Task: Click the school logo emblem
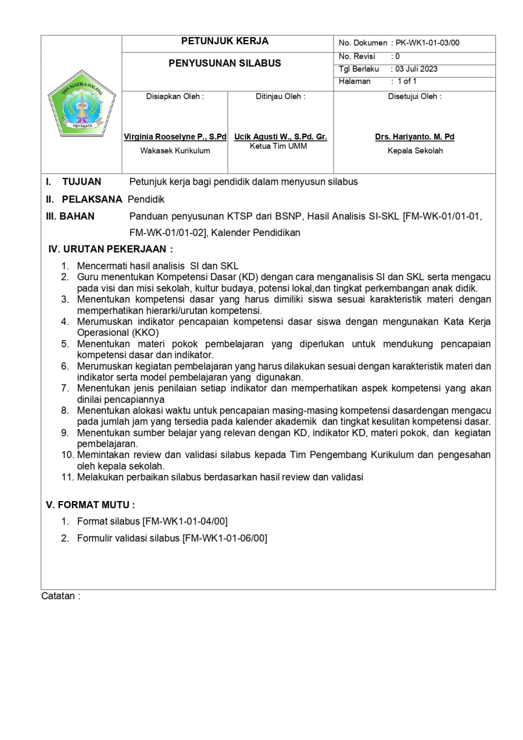click(81, 105)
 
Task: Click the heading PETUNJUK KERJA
click(225, 41)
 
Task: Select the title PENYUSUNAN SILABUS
click(224, 63)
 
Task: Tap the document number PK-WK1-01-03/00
click(428, 43)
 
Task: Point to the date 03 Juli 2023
click(417, 69)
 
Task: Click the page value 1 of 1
click(407, 81)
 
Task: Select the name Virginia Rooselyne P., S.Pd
click(175, 137)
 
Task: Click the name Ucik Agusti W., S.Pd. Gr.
click(281, 137)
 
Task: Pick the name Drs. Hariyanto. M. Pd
click(414, 137)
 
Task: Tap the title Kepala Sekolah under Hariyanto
click(415, 151)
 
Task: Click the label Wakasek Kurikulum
click(175, 151)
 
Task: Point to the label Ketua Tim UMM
click(278, 146)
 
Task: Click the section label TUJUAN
click(81, 181)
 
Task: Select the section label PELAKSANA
click(92, 199)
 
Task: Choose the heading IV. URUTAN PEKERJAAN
click(110, 249)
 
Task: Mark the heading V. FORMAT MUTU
click(90, 505)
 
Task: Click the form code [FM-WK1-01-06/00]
click(225, 538)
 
